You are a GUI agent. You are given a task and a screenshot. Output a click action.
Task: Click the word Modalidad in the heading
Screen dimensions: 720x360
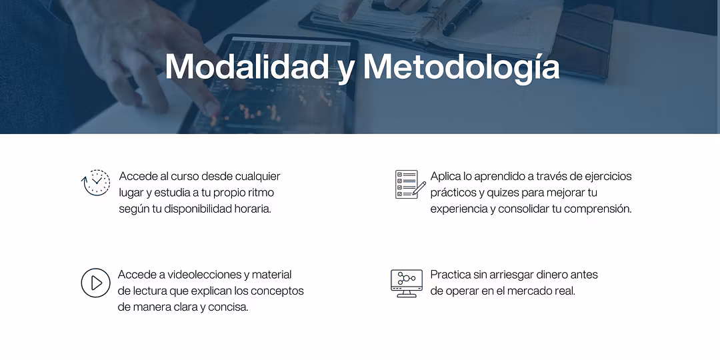click(247, 67)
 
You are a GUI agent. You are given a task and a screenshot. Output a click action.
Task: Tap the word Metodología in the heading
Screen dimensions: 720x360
click(461, 68)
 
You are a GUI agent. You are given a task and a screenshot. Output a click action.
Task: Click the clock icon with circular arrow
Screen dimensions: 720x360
click(95, 183)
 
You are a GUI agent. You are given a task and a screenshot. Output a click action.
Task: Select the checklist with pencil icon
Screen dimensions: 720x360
click(410, 184)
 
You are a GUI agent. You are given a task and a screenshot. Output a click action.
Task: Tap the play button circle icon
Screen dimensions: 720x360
click(95, 283)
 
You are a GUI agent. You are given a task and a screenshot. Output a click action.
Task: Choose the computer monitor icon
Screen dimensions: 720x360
click(407, 283)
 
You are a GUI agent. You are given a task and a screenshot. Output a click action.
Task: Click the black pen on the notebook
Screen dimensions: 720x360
click(462, 17)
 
